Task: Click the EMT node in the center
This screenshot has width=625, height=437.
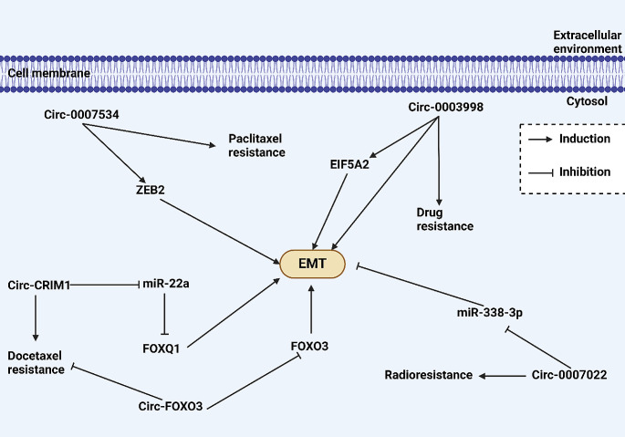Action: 312,264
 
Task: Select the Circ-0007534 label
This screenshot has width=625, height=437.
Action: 81,115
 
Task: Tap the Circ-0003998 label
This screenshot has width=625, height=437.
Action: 445,107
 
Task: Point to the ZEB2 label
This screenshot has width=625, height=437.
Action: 151,190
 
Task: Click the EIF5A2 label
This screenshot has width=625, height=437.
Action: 349,164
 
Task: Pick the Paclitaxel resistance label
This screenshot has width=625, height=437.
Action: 256,146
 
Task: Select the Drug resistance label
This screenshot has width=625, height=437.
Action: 445,219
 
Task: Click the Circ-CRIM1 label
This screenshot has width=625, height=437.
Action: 39,285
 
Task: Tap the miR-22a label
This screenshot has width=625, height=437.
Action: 166,284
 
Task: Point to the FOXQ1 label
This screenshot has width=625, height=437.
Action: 161,349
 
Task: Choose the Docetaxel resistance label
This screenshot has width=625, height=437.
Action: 36,362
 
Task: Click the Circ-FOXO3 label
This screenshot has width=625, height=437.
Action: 171,406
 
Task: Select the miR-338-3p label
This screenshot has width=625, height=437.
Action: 489,313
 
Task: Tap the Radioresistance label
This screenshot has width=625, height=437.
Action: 429,375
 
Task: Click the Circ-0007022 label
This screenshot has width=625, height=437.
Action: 569,375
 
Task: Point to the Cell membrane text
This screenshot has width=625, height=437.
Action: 49,73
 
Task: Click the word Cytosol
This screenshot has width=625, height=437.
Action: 587,101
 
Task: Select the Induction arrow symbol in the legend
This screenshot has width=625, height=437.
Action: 540,140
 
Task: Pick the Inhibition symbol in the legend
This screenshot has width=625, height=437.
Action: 541,172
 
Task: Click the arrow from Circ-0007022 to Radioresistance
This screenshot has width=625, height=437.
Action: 502,376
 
